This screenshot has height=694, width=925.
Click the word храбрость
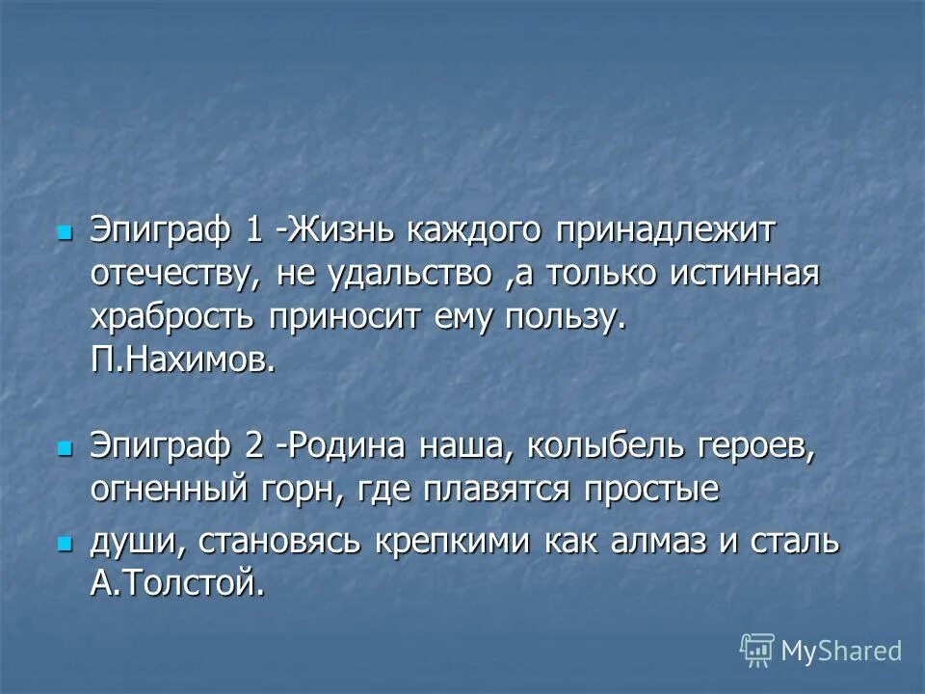click(x=173, y=318)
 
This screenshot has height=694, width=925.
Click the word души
click(x=136, y=542)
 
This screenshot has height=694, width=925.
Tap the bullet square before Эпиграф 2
click(x=65, y=448)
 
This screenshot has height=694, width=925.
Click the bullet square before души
click(x=65, y=544)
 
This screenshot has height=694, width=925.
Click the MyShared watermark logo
click(x=821, y=651)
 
